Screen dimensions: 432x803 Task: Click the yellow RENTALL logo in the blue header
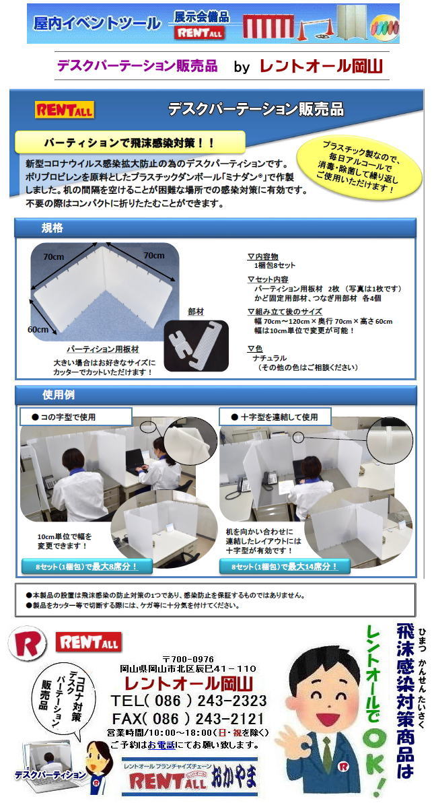pos(64,110)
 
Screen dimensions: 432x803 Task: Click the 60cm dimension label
pos(38,329)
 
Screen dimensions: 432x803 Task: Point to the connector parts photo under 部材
pos(196,346)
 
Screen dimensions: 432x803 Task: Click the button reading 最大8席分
pos(87,566)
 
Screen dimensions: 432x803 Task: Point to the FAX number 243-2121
pos(231,718)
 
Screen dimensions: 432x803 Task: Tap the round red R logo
pos(27,643)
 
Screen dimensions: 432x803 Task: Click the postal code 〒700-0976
pos(188,659)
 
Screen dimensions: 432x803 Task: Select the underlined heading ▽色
pos(254,349)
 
